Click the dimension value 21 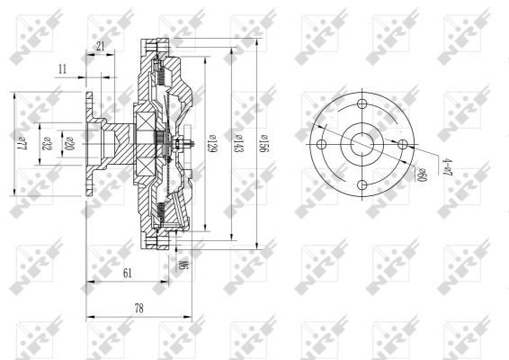pyautogui.click(x=100, y=46)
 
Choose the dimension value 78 pyautogui.click(x=139, y=308)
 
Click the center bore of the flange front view pyautogui.click(x=362, y=144)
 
